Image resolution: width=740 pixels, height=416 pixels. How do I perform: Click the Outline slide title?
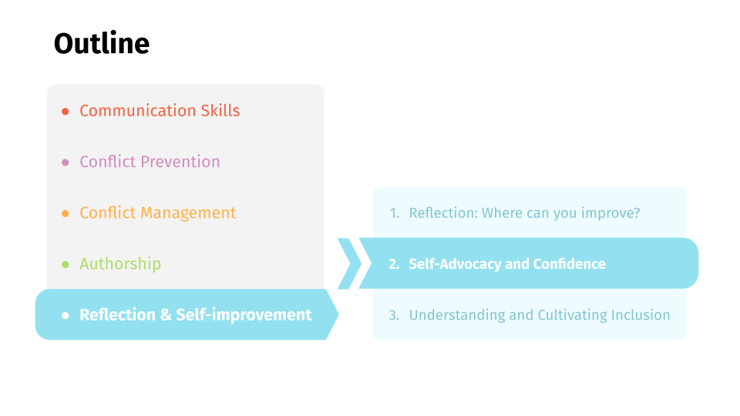[x=102, y=43]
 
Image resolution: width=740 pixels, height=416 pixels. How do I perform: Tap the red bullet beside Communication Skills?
[x=65, y=111]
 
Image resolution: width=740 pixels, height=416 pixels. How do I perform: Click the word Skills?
[x=220, y=110]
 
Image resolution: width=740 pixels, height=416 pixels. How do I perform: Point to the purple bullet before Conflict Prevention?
[x=65, y=163]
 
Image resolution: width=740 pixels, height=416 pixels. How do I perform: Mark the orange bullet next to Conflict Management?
[x=65, y=213]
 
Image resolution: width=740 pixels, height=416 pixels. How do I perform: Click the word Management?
[x=188, y=213]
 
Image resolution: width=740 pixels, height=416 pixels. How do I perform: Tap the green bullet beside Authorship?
[x=65, y=264]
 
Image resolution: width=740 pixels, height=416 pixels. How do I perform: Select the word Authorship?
[x=120, y=263]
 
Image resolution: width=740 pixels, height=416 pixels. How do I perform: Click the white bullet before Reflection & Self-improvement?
[x=65, y=315]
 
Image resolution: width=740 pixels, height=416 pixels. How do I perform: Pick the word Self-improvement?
[x=244, y=314]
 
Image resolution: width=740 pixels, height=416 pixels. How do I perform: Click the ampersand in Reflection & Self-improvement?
[x=166, y=315]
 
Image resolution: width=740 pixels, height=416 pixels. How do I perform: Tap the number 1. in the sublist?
[x=395, y=213]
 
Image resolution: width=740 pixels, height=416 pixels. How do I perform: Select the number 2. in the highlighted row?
[x=394, y=264]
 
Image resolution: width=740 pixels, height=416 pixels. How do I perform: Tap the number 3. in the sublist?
[x=394, y=315]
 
